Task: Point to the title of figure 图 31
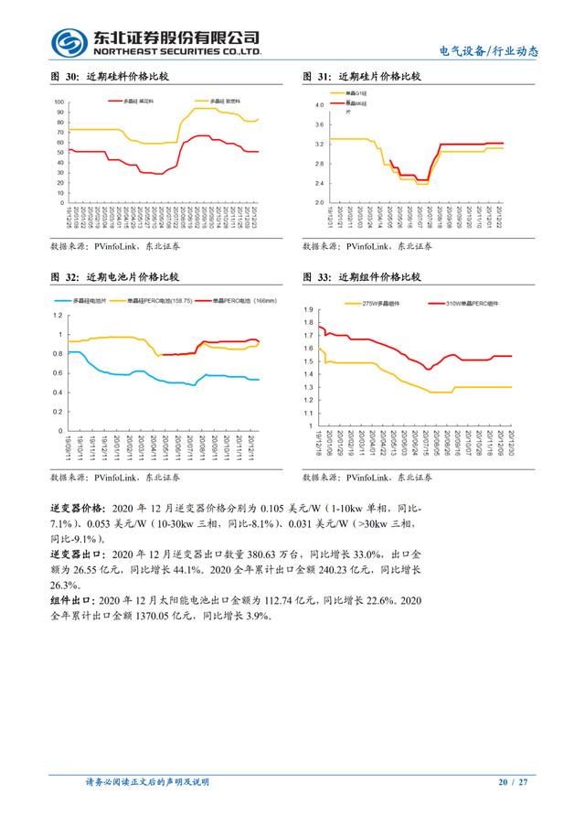click(363, 77)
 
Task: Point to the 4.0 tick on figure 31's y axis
click(320, 105)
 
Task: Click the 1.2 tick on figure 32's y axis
click(59, 316)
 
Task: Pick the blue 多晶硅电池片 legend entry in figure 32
click(83, 300)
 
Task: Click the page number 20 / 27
click(513, 782)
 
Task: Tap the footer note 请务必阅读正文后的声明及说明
click(147, 782)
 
